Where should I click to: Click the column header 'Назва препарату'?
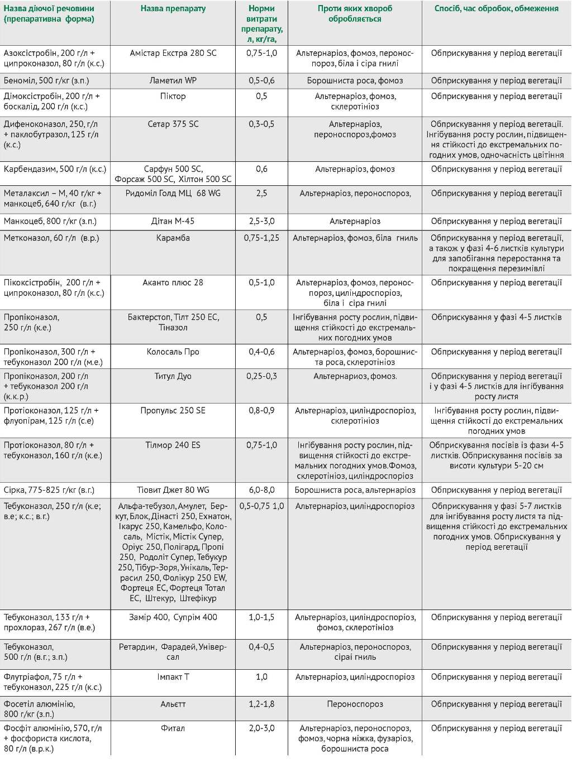(x=173, y=9)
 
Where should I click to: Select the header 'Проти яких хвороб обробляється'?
(x=355, y=14)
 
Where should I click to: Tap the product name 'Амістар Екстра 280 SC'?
(x=173, y=54)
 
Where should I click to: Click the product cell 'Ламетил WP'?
(x=173, y=81)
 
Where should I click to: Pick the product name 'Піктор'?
(x=173, y=97)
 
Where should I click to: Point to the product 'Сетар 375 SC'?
(x=173, y=124)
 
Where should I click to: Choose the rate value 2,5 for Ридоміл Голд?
(x=261, y=194)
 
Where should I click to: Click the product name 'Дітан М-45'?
(x=173, y=222)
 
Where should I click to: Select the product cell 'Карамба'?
(x=173, y=238)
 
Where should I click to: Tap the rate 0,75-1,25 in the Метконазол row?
(x=261, y=238)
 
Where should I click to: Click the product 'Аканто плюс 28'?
(x=173, y=283)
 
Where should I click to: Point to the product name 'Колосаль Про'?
(x=173, y=352)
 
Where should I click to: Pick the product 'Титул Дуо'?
(x=173, y=377)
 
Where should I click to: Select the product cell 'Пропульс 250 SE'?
(x=173, y=411)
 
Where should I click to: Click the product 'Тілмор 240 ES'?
(x=173, y=445)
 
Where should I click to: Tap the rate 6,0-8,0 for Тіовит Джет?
(x=261, y=491)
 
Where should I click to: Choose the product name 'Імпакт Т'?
(x=173, y=677)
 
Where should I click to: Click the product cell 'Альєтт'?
(x=173, y=704)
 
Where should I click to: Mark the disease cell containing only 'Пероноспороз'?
(x=355, y=704)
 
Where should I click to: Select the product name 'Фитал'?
(x=173, y=728)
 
